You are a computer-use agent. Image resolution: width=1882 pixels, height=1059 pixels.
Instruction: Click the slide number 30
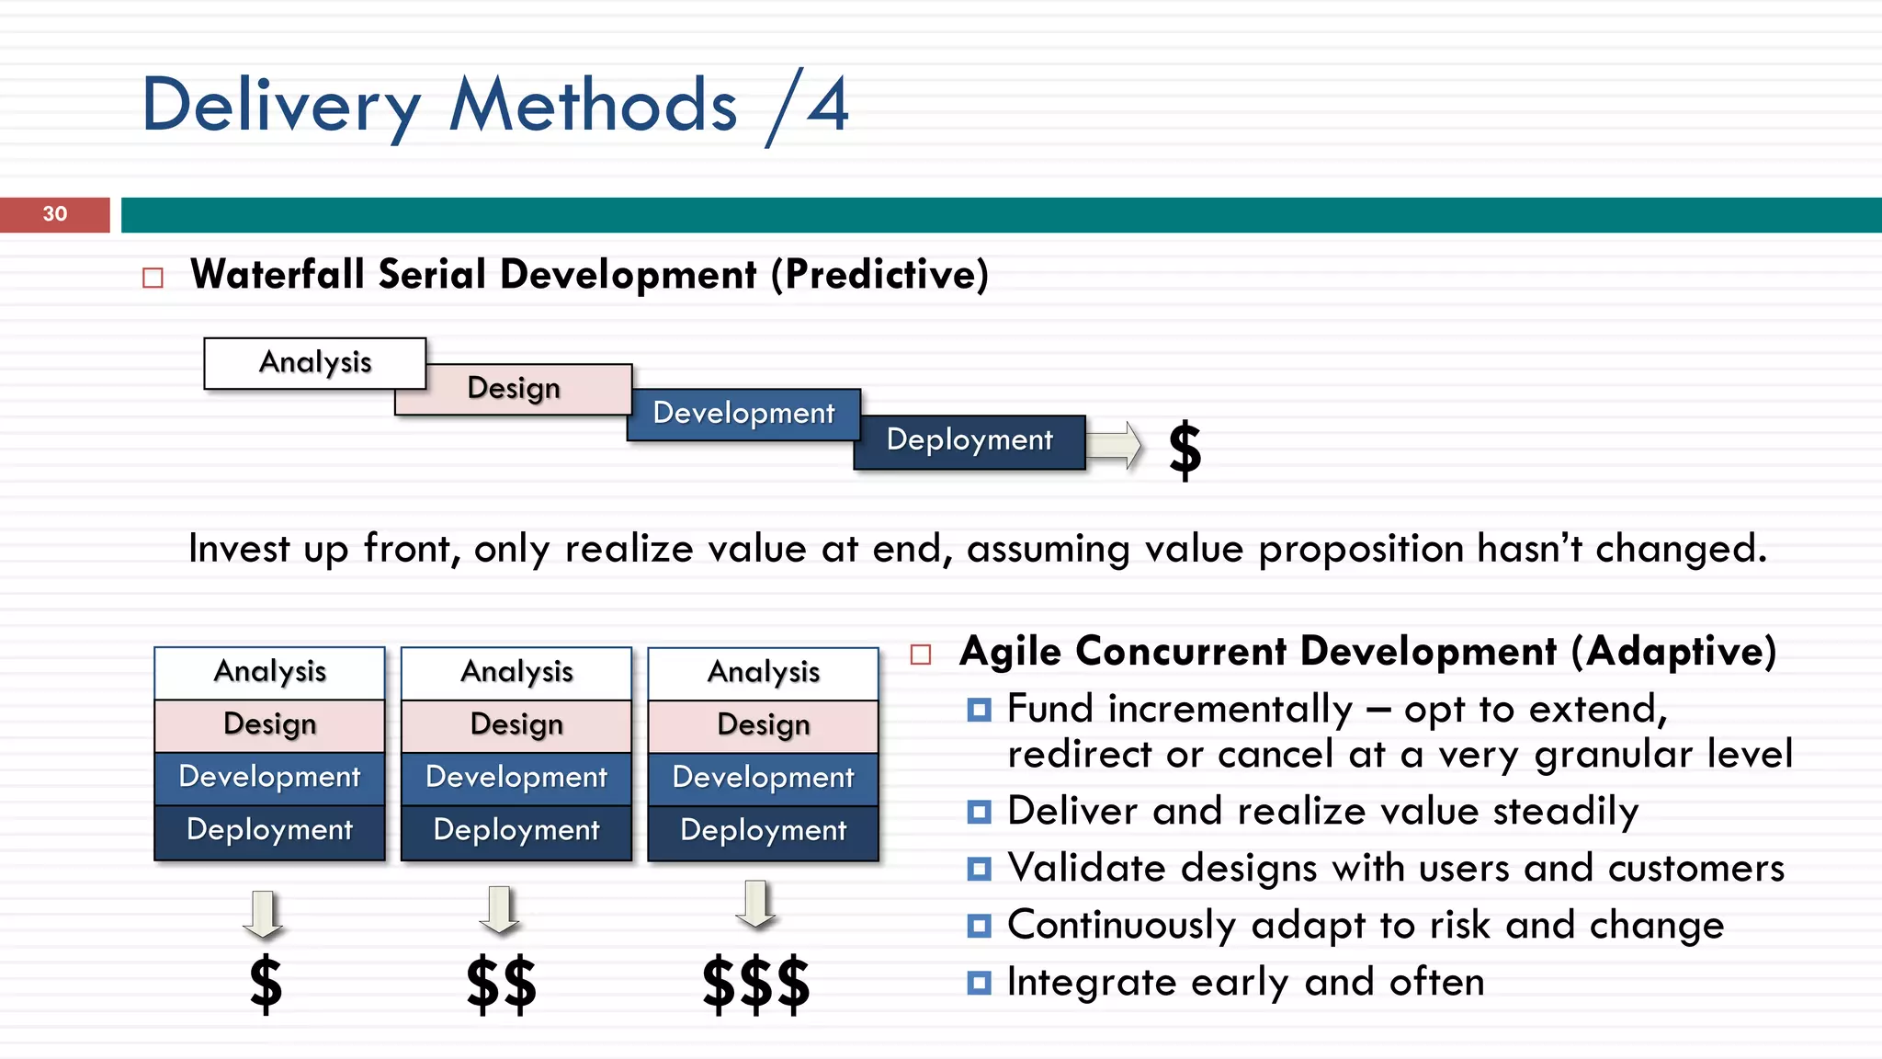[55, 214]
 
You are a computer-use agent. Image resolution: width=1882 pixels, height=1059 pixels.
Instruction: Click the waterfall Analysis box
[314, 362]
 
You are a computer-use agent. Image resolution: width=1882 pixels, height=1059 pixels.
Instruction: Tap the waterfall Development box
[743, 414]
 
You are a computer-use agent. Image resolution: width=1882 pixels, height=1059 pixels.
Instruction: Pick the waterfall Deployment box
[969, 441]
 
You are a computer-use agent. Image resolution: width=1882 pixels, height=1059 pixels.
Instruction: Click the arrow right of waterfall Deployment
[1114, 445]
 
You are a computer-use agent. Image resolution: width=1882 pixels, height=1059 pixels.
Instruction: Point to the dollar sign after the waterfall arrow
[1185, 450]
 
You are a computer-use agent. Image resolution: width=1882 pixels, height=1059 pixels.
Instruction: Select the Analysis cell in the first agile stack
[270, 672]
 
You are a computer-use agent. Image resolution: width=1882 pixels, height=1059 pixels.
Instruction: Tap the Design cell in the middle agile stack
[516, 725]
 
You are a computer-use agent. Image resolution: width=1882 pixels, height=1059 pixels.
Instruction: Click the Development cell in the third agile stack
[763, 779]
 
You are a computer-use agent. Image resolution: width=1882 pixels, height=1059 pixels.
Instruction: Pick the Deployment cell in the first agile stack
[270, 831]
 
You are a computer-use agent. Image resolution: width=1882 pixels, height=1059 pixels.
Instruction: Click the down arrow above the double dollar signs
[500, 909]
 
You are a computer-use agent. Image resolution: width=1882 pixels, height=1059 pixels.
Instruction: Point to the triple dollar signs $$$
[755, 985]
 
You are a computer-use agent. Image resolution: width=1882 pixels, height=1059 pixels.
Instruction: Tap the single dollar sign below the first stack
[266, 985]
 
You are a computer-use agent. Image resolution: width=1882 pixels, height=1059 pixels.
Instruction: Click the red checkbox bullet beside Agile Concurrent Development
[921, 655]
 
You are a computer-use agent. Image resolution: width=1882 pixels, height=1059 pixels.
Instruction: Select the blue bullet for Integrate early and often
[980, 984]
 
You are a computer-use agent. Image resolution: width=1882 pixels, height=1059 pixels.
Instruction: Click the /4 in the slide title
[809, 106]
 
